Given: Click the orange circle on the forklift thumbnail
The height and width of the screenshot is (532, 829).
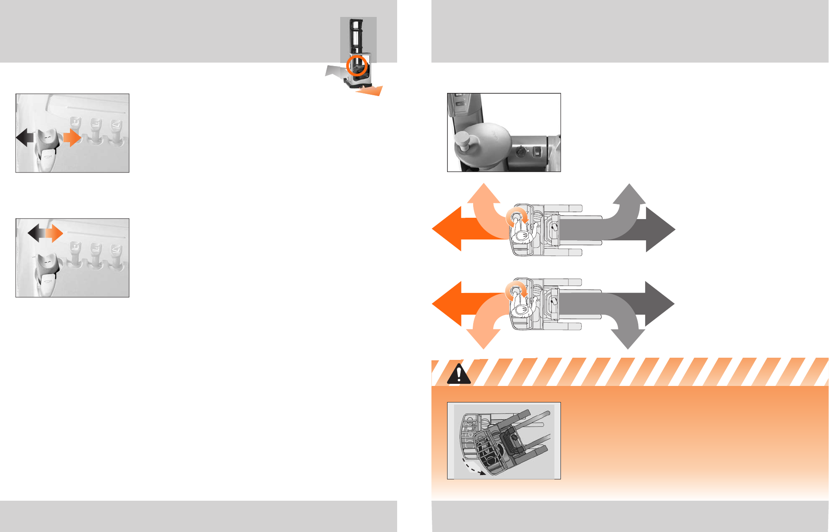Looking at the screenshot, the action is coord(357,66).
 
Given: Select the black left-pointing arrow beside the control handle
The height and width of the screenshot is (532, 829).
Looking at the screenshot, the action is coord(24,138).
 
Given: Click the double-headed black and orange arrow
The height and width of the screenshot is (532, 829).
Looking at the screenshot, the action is coord(45,233).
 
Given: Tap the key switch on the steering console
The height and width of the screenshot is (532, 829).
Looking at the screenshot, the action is coord(521,152).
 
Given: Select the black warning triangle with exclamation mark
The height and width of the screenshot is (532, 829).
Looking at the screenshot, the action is coord(458,374).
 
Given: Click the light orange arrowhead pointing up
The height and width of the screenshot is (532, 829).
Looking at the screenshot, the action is coord(484,194).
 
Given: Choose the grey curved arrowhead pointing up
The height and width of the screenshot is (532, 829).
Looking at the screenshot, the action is coord(629,194).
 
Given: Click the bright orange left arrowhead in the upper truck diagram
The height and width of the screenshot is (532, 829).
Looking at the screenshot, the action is coord(448,229).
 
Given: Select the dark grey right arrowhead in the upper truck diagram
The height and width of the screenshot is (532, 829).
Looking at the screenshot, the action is coord(660,229).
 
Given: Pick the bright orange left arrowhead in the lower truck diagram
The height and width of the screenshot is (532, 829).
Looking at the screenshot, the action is coord(448,303).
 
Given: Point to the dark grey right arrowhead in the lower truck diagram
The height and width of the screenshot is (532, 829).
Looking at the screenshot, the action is coord(659,303).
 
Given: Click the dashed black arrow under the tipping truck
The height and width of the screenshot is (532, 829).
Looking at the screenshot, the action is coord(472,468).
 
